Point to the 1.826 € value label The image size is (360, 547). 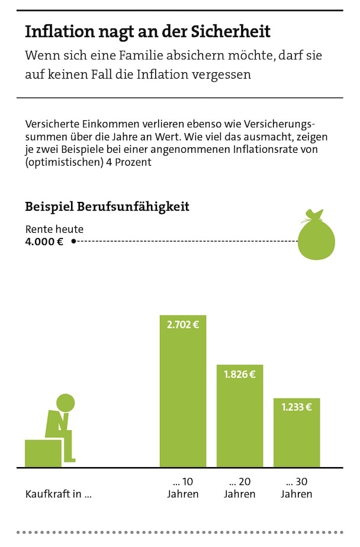(240, 374)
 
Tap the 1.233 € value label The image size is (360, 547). (297, 407)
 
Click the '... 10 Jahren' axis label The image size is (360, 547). (183, 488)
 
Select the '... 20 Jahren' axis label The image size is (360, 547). (240, 488)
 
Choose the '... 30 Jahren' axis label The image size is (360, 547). (297, 488)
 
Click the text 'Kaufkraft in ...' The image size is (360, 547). (58, 494)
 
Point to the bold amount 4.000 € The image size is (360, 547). (44, 241)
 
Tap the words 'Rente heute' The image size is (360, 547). (54, 229)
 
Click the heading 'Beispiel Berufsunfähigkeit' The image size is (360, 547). (107, 207)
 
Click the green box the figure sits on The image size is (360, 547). (43, 453)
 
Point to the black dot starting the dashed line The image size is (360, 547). (73, 241)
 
